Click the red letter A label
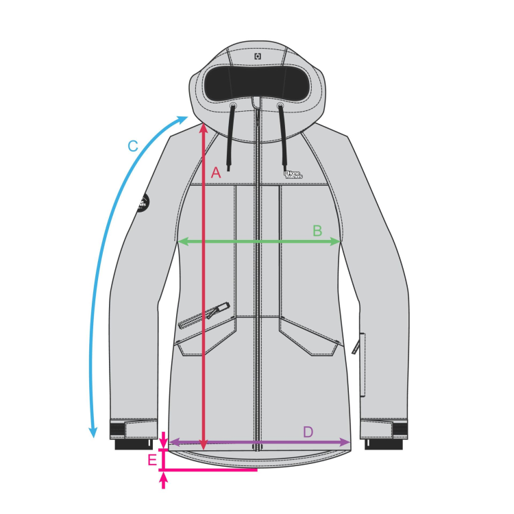click(x=216, y=173)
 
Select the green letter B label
click(x=317, y=231)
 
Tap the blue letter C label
click(x=133, y=146)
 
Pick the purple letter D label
click(x=308, y=432)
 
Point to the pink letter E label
click(x=152, y=460)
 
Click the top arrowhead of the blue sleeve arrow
click(x=184, y=119)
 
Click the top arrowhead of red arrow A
click(x=203, y=127)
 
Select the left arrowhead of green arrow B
click(x=182, y=241)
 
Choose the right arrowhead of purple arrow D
click(x=347, y=443)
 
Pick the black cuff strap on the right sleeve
click(x=397, y=430)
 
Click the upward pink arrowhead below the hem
click(x=163, y=480)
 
